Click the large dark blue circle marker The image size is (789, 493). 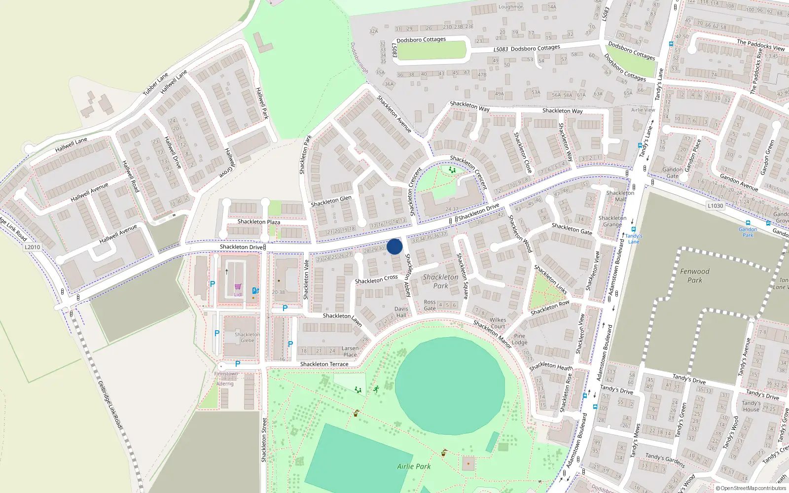point(394,246)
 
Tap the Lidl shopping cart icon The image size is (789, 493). point(238,287)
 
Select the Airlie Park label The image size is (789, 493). point(414,466)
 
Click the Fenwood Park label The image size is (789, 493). point(695,276)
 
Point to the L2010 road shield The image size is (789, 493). point(32,247)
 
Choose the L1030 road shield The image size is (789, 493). point(715,206)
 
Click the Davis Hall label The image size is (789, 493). point(401,312)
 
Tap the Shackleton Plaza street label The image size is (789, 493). point(259,222)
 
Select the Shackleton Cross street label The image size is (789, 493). point(376,280)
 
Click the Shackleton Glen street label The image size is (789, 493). point(331,201)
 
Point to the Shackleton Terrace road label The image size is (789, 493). point(324,364)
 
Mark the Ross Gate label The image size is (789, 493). point(430,305)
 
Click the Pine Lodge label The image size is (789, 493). point(519,339)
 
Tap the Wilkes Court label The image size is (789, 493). point(498,323)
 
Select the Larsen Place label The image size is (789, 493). point(350,352)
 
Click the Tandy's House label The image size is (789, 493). point(751,406)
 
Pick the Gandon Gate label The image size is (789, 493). point(673,173)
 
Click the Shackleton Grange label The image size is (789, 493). point(612,221)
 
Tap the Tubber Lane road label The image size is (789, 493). point(155,84)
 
